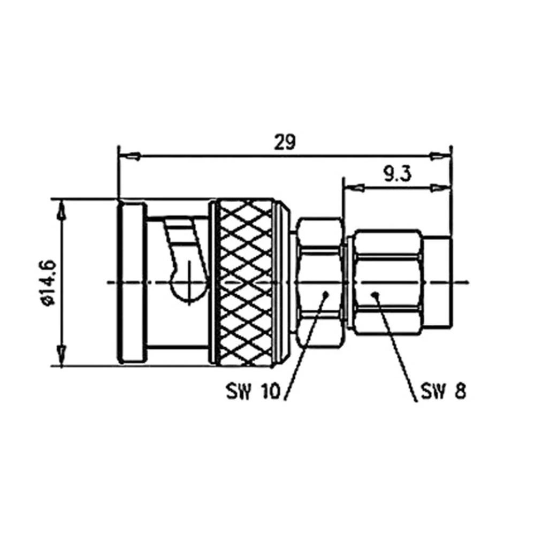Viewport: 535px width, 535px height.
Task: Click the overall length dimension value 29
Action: tap(285, 142)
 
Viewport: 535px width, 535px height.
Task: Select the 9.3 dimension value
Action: tap(396, 174)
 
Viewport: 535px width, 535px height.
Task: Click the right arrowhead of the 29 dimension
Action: tap(440, 156)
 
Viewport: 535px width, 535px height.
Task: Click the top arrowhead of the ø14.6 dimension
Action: tap(62, 211)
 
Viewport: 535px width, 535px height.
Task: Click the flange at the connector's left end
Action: tap(131, 282)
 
